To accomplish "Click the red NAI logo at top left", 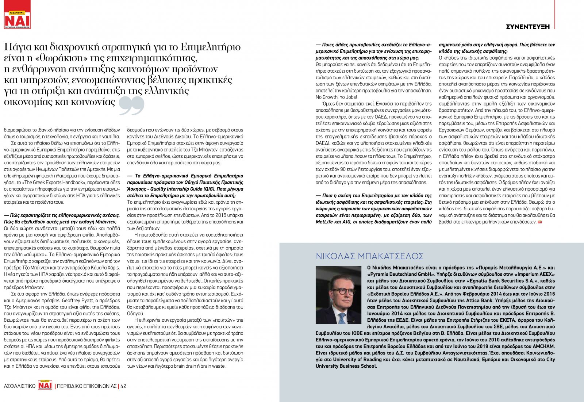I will point(17,20).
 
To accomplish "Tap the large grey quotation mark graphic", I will point(131,106).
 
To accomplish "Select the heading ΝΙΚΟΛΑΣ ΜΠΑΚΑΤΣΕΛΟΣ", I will point(369,256).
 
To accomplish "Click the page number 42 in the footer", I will point(123,386).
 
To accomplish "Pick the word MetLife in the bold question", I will point(324,222).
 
